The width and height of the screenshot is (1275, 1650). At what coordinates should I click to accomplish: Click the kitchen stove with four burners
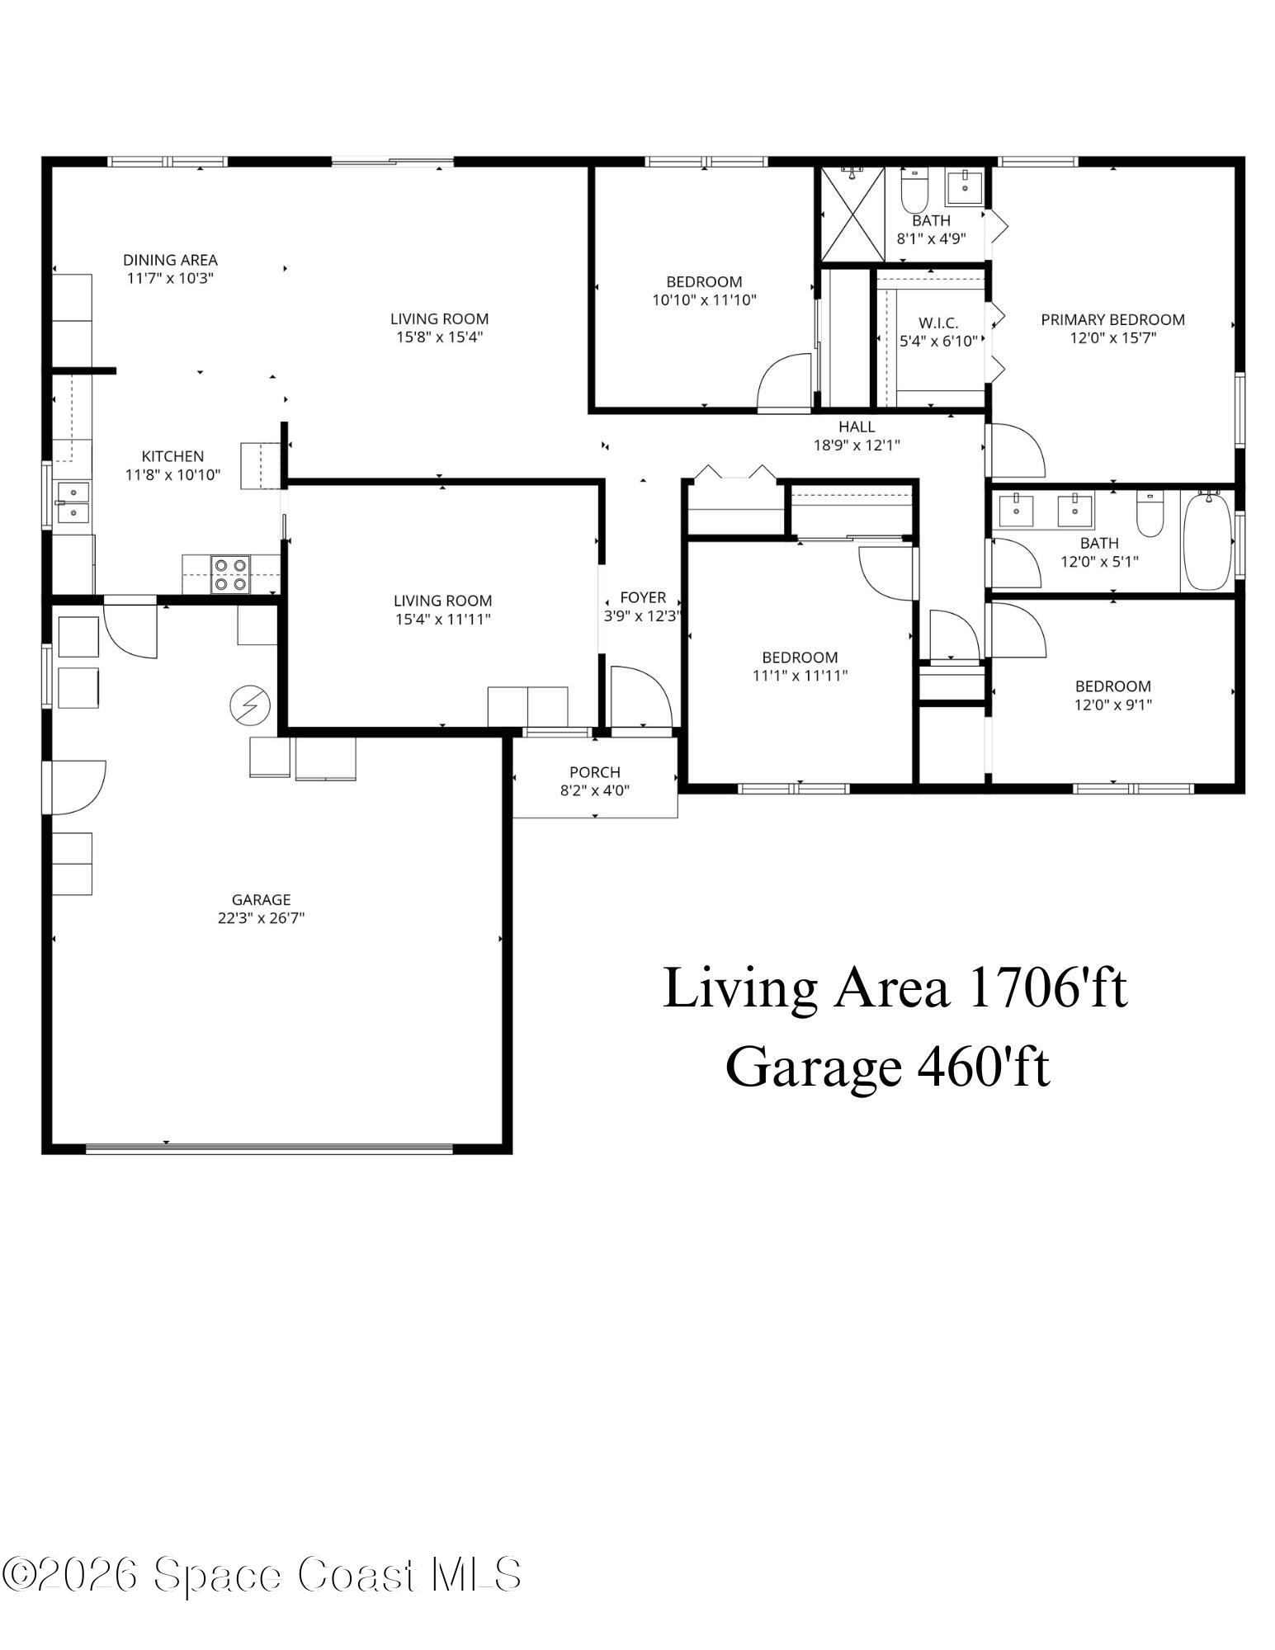coord(230,574)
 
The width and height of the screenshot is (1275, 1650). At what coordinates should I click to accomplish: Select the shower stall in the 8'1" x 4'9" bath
coord(852,214)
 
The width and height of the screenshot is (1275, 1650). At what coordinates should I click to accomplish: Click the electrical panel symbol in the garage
coord(250,706)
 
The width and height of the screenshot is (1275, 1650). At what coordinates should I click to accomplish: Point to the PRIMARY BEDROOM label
coord(1112,319)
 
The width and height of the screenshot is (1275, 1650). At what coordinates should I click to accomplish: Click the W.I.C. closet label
coord(938,323)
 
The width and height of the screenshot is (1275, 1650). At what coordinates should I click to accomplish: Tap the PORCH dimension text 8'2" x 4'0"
coord(594,790)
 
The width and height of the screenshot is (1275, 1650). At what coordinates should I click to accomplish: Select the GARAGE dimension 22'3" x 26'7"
coord(261,917)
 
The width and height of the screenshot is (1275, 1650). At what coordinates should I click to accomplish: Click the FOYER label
coord(643,597)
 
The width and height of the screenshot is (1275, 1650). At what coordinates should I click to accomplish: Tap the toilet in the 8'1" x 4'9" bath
coord(914,191)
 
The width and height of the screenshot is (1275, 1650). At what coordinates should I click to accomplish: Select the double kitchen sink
coord(73,502)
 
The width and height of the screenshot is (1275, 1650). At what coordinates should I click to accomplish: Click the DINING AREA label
coord(170,260)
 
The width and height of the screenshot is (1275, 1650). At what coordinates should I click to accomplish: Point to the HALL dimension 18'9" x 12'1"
coord(857,445)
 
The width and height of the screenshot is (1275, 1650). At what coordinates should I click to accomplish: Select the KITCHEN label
coord(172,455)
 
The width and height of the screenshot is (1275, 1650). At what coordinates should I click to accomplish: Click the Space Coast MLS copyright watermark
coord(262,1574)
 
